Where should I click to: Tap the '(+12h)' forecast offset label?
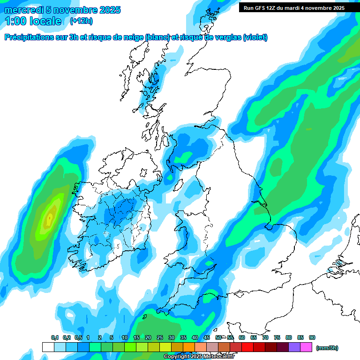pos(81,21)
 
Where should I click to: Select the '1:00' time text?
pos(15,21)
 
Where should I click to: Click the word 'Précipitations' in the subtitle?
pos(31,37)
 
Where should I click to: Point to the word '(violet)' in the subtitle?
pos(255,37)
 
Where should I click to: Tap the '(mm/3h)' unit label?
pos(327,348)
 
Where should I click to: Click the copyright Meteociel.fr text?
pos(199,357)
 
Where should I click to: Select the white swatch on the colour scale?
pos(48,347)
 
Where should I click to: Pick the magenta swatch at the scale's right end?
pos(306,347)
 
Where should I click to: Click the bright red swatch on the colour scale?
pos(247,347)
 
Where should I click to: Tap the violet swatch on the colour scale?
pos(294,347)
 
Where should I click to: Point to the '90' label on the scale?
pos(312,337)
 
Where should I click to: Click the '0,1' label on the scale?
pos(55,337)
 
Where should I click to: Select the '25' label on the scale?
pos(160,337)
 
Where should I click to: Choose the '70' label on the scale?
pos(265,337)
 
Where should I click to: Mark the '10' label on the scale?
pos(125,337)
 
